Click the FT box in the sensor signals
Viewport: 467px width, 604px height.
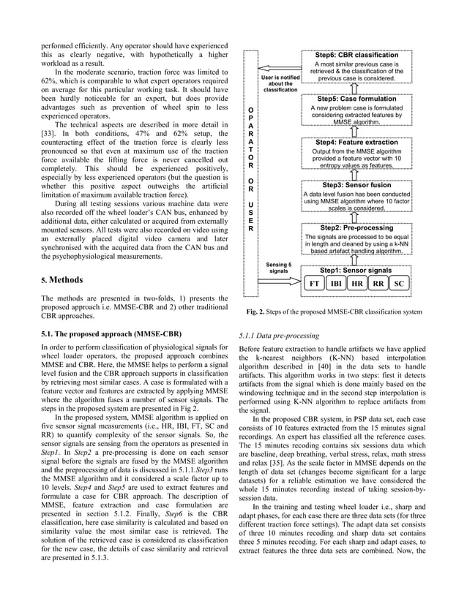pyautogui.click(x=314, y=283)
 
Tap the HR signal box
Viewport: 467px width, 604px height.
pyautogui.click(x=356, y=283)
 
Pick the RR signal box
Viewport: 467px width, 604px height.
pyautogui.click(x=378, y=283)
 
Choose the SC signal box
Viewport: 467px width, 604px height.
pyautogui.click(x=399, y=283)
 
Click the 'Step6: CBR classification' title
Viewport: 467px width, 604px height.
pyautogui.click(x=356, y=55)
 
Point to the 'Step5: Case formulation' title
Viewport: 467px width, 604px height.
pyautogui.click(x=356, y=98)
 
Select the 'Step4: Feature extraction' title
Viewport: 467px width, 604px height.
pyautogui.click(x=356, y=141)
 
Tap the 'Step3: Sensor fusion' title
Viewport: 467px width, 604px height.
pyautogui.click(x=356, y=185)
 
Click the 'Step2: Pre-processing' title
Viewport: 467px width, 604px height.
pyautogui.click(x=356, y=228)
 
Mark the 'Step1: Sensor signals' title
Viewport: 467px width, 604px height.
pyautogui.click(x=356, y=271)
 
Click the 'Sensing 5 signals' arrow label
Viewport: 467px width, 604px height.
pyautogui.click(x=278, y=267)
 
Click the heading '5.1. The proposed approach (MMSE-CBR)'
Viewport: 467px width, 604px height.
pyautogui.click(x=111, y=333)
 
